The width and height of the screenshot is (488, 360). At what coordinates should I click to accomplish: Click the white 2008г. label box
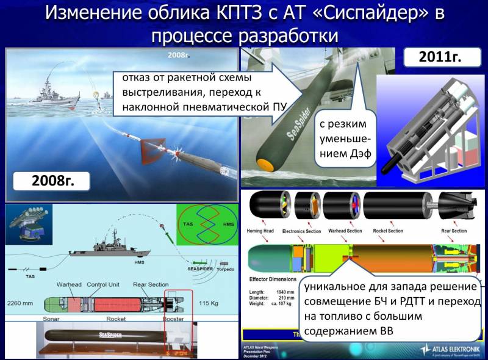click(x=51, y=181)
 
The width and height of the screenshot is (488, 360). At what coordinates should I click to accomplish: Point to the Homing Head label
click(x=262, y=231)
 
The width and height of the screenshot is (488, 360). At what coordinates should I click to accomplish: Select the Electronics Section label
click(x=306, y=231)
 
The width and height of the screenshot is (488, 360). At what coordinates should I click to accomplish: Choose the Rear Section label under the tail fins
click(x=454, y=231)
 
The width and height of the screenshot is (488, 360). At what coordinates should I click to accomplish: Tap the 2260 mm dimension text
click(x=21, y=303)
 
